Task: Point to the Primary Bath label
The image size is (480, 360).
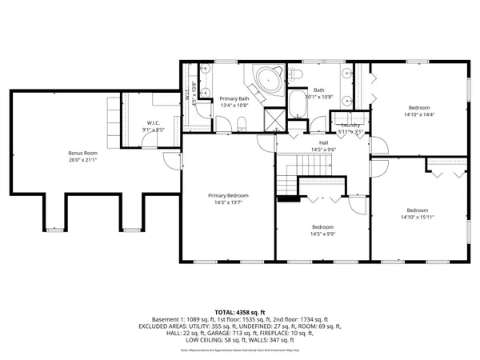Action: click(x=234, y=98)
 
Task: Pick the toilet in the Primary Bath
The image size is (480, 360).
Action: click(x=241, y=122)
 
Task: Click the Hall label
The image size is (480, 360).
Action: click(x=322, y=142)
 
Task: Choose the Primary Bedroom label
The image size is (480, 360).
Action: click(x=228, y=195)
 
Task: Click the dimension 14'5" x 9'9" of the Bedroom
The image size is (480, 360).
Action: click(x=322, y=234)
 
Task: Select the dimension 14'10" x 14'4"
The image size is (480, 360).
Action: click(x=419, y=114)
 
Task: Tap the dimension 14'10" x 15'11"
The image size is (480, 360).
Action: click(x=419, y=217)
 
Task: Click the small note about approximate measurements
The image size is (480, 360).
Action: click(x=239, y=350)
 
